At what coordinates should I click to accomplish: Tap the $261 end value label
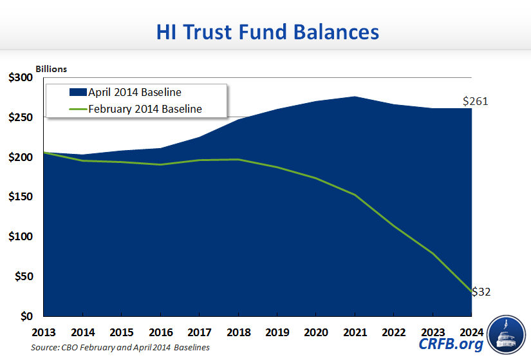[x=476, y=101]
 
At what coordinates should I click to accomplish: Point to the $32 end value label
[x=481, y=292]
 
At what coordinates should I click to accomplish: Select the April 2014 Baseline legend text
[x=135, y=92]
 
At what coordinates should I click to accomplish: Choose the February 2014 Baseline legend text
[x=145, y=109]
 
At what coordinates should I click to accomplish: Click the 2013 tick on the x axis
[x=44, y=333]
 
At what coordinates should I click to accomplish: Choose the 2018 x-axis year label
[x=238, y=333]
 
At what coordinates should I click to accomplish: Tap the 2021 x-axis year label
[x=355, y=333]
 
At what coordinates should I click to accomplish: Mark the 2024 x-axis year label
[x=471, y=333]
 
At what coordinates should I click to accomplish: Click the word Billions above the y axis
[x=51, y=68]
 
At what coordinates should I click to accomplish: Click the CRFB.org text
[x=451, y=345]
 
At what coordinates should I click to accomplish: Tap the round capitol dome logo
[x=507, y=335]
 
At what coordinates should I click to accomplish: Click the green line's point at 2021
[x=355, y=194]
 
